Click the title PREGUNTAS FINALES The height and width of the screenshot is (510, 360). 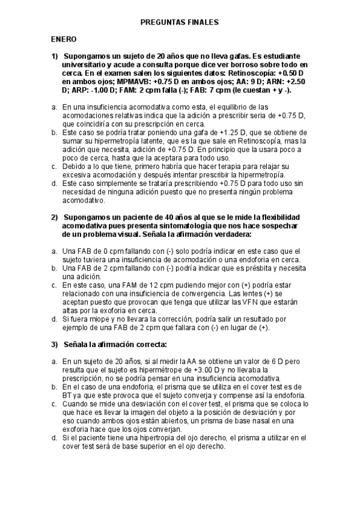click(x=179, y=22)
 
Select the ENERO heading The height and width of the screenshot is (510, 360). click(x=63, y=39)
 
